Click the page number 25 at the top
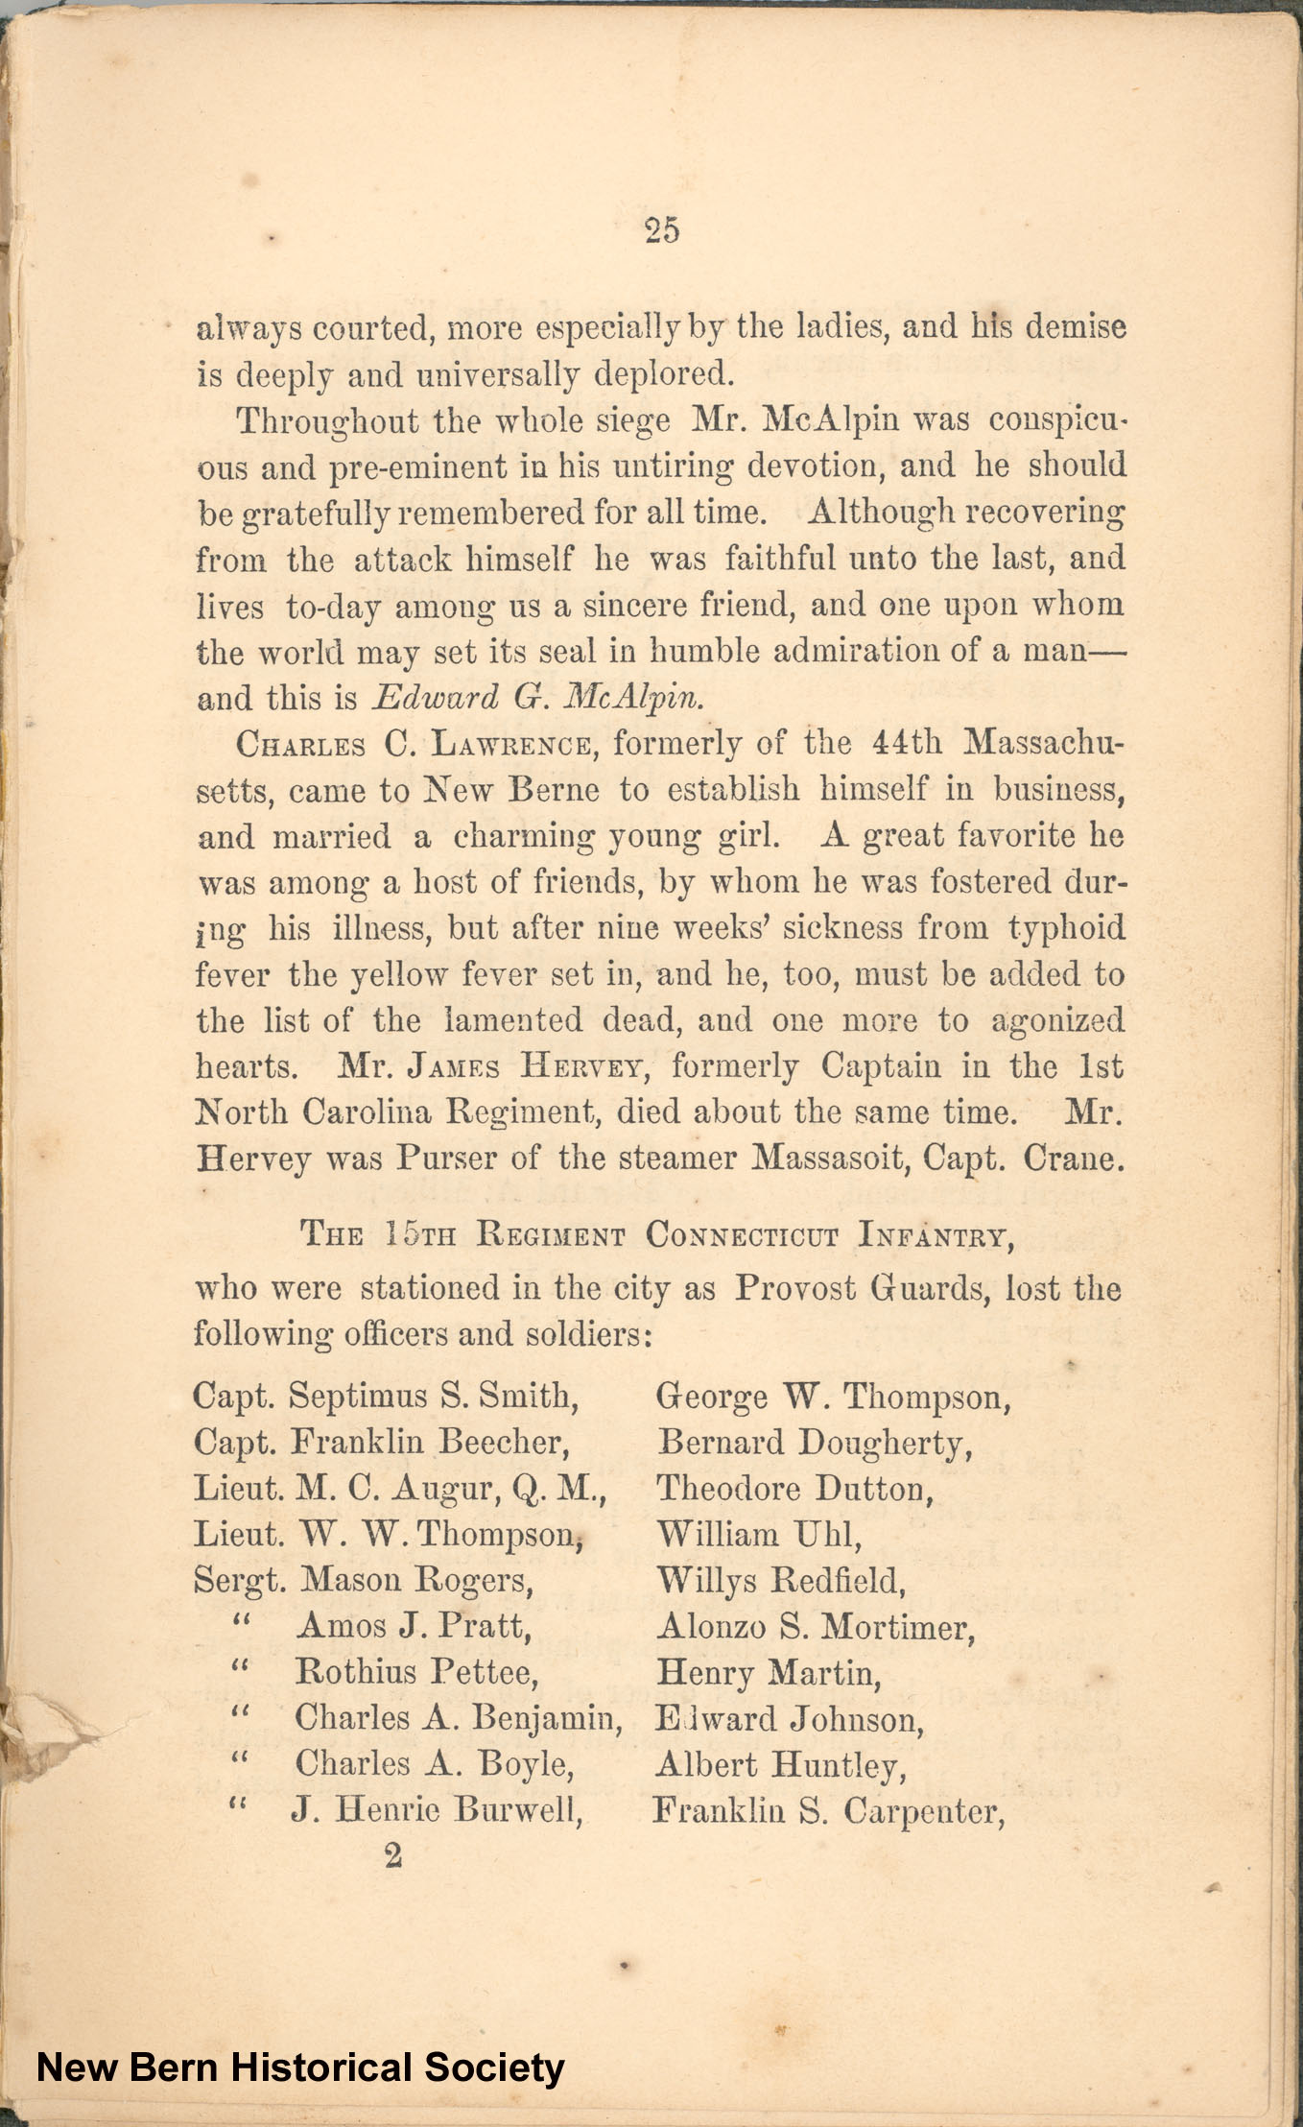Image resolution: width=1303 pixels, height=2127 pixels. click(662, 230)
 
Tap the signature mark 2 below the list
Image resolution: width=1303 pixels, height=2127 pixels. click(393, 1855)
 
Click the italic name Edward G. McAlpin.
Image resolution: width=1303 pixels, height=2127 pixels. click(537, 698)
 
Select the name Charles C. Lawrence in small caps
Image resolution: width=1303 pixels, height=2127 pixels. click(415, 745)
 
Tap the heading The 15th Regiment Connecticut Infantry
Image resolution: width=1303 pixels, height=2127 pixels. click(658, 1234)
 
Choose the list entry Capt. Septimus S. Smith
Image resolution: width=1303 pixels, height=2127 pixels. click(386, 1396)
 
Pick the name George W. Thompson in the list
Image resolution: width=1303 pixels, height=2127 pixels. click(833, 1397)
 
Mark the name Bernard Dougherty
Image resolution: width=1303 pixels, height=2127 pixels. click(815, 1443)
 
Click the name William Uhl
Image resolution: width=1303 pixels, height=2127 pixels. click(759, 1534)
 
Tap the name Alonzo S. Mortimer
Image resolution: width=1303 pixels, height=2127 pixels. click(816, 1627)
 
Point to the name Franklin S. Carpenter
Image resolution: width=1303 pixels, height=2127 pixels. click(829, 1811)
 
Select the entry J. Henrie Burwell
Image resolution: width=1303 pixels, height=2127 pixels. click(437, 1810)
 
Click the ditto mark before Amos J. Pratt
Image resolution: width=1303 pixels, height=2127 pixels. click(240, 1624)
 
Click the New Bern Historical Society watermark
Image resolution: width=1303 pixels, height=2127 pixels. click(300, 2067)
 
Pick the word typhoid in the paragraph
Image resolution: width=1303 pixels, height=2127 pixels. click(1066, 928)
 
